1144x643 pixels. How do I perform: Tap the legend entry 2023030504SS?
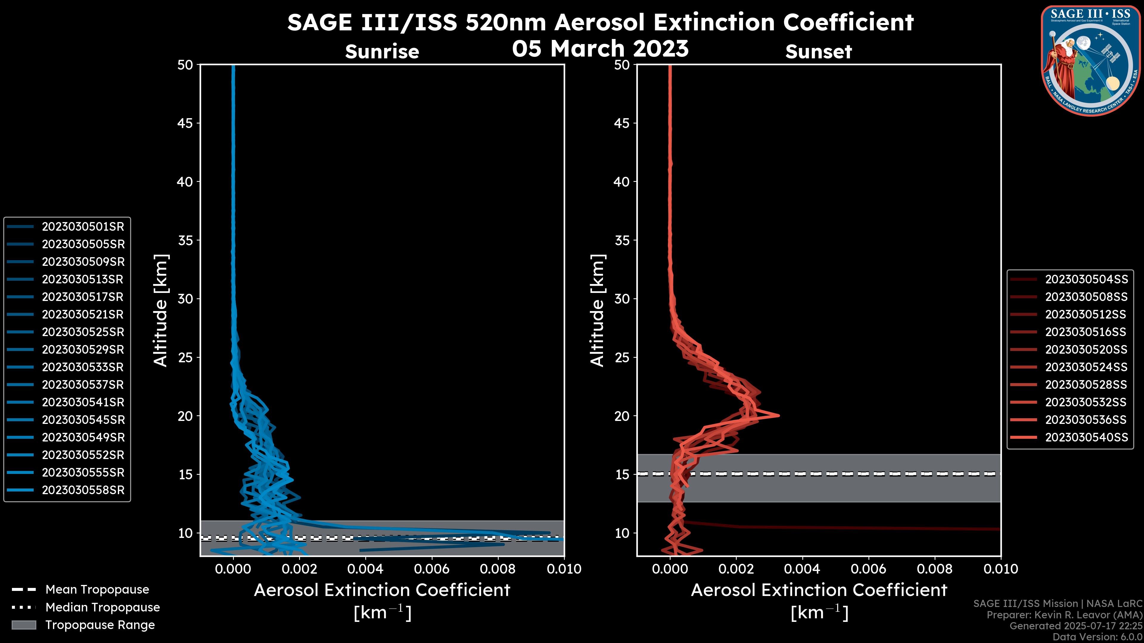1086,280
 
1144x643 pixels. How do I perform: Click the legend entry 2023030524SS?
1086,367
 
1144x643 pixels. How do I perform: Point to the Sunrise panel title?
382,52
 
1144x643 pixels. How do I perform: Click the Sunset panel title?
818,52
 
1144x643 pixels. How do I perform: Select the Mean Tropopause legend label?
97,590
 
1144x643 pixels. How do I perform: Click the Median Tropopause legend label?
102,608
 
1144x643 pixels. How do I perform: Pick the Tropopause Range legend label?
100,625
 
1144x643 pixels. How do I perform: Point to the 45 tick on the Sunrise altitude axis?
185,123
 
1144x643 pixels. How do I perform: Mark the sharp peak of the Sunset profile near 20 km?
778,415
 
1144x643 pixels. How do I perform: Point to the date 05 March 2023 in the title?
600,49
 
